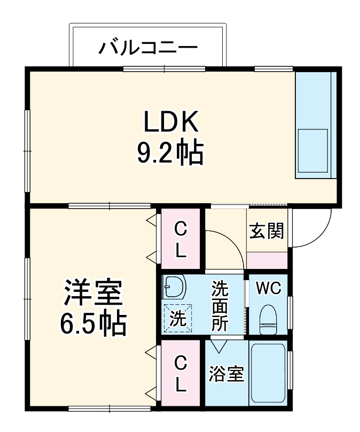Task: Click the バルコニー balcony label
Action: [148, 49]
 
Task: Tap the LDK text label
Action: [170, 122]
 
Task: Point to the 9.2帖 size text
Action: [170, 153]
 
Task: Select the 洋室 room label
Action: [93, 294]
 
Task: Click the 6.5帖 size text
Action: [93, 322]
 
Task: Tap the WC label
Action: [268, 288]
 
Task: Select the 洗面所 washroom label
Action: [219, 306]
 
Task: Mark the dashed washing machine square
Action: [177, 319]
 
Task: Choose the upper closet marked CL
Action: [182, 240]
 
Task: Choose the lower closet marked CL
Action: [182, 374]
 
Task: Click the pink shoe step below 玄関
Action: [267, 259]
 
